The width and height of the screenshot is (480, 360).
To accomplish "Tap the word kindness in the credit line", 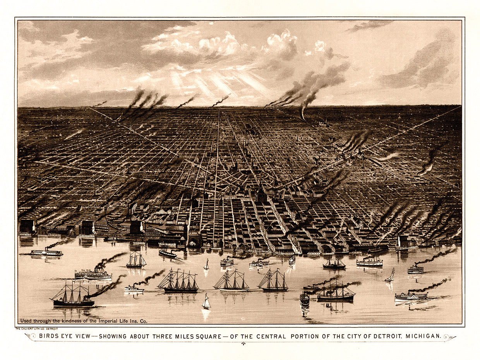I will (x=67, y=321).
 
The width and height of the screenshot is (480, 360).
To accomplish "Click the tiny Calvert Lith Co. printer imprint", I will (x=34, y=328).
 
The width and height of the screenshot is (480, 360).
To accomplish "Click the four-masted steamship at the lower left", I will (x=72, y=297).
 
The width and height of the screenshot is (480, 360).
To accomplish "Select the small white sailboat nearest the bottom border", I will (x=206, y=303).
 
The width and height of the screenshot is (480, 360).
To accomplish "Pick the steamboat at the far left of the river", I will (x=46, y=252).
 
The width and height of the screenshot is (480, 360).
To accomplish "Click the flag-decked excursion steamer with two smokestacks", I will (x=93, y=274).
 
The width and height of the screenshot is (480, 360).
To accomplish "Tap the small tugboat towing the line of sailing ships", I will (x=134, y=288).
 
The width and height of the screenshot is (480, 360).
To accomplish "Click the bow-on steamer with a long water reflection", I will (x=305, y=299).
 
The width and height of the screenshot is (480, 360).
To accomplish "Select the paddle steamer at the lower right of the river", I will (x=411, y=297).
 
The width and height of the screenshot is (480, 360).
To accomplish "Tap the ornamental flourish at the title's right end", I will (x=450, y=337).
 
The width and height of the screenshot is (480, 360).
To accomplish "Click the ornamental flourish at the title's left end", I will (x=31, y=337).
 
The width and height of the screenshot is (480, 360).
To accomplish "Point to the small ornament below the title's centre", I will (x=243, y=343).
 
